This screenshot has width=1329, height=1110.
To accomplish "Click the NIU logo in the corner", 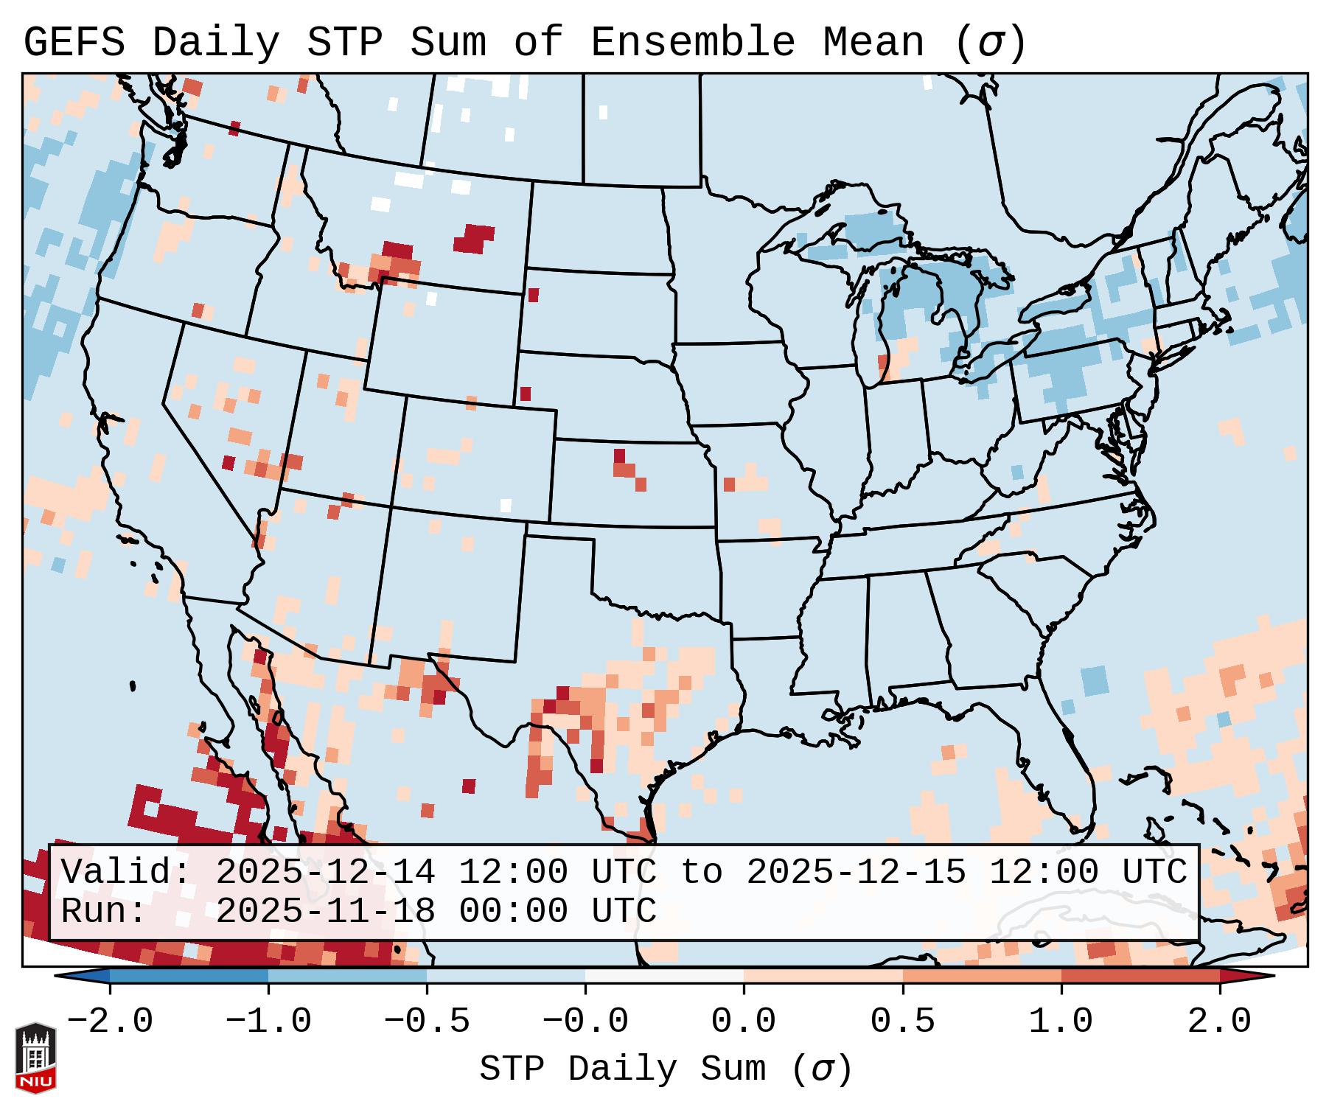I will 35,1057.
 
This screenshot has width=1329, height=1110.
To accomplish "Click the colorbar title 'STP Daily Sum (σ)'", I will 666,1069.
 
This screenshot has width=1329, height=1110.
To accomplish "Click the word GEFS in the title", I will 74,43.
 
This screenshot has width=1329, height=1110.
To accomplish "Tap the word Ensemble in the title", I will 693,43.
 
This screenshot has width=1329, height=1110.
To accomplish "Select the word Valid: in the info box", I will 126,872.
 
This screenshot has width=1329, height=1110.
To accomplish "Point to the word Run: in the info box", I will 104,911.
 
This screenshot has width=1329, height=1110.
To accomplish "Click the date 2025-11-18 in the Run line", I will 325,911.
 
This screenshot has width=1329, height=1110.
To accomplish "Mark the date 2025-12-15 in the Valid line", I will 856,872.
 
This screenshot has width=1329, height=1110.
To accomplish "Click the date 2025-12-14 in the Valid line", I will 325,872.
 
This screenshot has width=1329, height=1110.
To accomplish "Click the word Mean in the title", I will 873,43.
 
